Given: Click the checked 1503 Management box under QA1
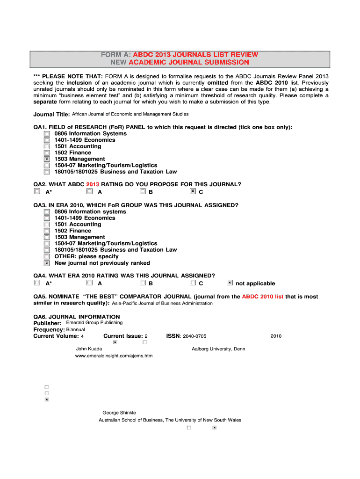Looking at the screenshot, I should coord(47,159).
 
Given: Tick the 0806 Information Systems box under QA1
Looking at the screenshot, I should coord(47,134).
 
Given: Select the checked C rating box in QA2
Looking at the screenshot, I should coord(193,191).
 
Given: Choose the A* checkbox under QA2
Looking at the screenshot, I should coord(37,191).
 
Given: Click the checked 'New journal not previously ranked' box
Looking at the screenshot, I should coord(47,263).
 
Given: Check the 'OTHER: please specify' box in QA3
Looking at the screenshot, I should coord(47,256).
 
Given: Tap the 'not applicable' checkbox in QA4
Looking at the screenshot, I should coord(230,283).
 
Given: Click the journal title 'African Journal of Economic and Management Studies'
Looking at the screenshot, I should coord(130,114).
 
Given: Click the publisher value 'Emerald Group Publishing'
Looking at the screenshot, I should coord(94,322).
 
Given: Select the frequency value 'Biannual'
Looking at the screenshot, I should coord(76,329).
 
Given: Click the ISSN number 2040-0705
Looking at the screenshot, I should coord(195,336).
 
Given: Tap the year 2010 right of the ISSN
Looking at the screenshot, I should coord(276,336).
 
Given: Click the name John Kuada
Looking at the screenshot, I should coord(89,348).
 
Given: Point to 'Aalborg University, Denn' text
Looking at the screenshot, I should coord(218,348).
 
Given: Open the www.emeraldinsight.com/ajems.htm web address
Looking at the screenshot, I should coord(114,356).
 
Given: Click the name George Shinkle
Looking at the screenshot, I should coord(119,413).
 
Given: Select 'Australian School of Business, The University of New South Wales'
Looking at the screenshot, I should coord(170,420).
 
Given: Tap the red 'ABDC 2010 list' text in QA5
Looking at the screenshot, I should coord(263,297).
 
